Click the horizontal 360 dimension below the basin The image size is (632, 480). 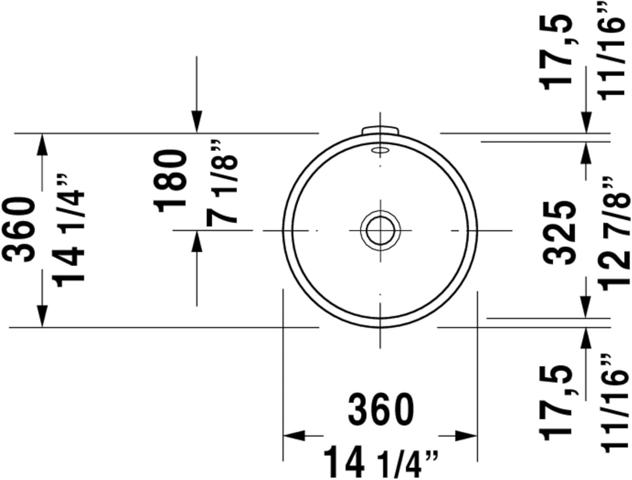tap(381, 410)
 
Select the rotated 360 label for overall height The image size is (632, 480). tap(19, 229)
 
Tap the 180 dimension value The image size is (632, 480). tap(169, 181)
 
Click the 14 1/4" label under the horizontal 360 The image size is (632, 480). tap(380, 462)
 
